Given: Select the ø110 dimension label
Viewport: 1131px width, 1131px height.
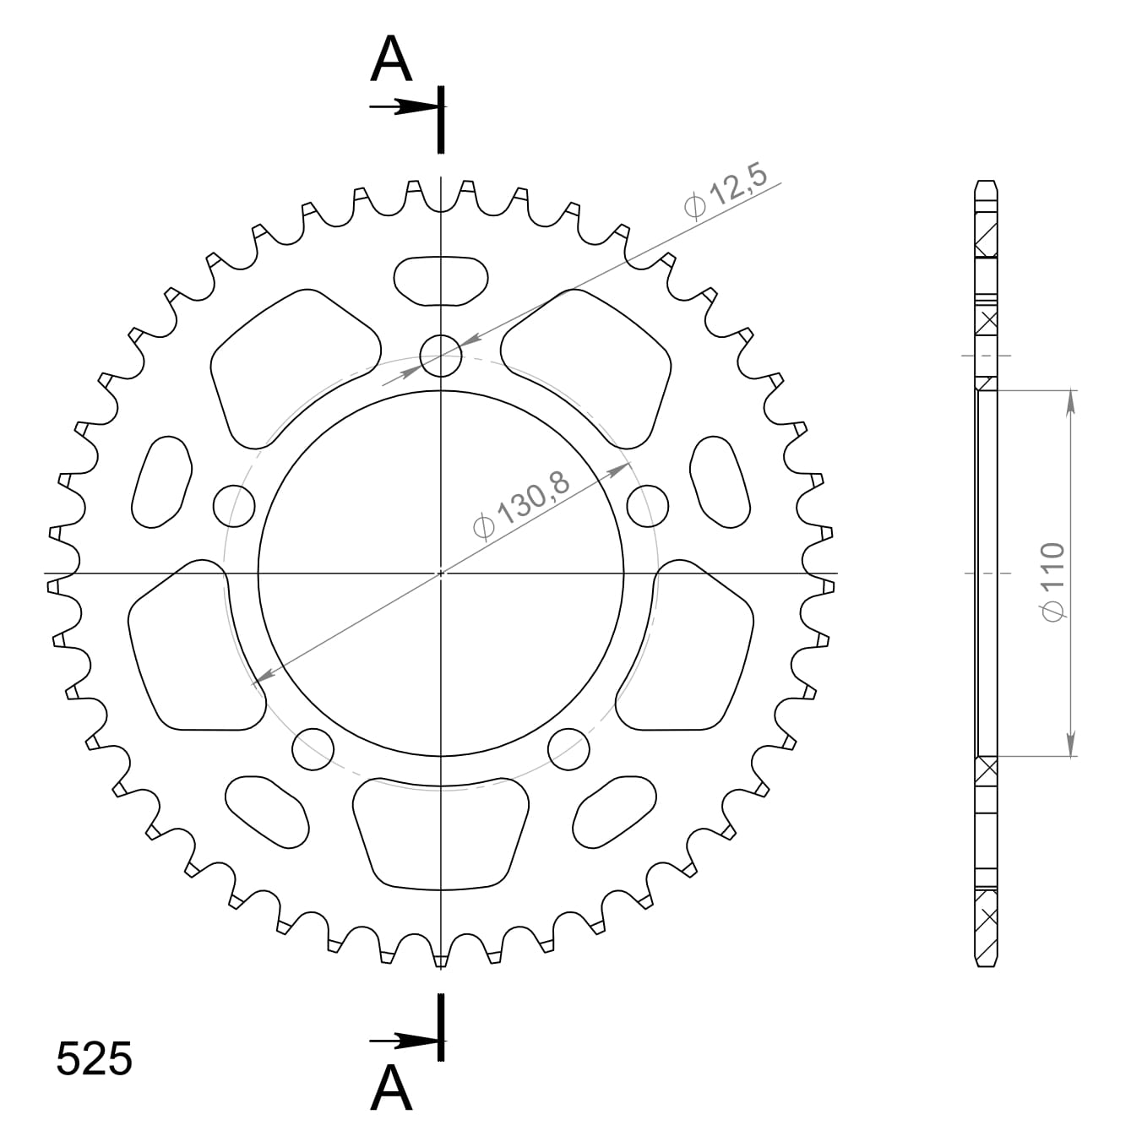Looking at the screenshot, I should pos(1053,583).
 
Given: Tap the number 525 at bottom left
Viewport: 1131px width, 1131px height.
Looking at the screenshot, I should pos(94,1059).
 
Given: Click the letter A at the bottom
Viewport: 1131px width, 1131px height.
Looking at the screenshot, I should pos(391,1088).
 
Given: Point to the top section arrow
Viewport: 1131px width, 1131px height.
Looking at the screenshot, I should pos(404,107).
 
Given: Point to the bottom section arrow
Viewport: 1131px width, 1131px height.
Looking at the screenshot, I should pos(404,1041).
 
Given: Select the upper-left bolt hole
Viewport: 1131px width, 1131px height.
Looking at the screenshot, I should pos(234,506).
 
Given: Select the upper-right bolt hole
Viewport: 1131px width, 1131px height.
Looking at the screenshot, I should pos(648,505).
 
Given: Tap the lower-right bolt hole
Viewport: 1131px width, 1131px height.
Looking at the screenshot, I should pos(568,748).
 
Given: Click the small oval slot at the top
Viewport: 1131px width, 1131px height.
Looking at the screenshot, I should pos(441,280).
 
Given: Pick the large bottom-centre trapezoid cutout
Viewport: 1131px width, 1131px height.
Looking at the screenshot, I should pos(441,832).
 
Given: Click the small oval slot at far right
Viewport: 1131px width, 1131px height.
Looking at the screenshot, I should pos(720,482).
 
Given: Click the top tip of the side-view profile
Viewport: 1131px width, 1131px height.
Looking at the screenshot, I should pos(987,182).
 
